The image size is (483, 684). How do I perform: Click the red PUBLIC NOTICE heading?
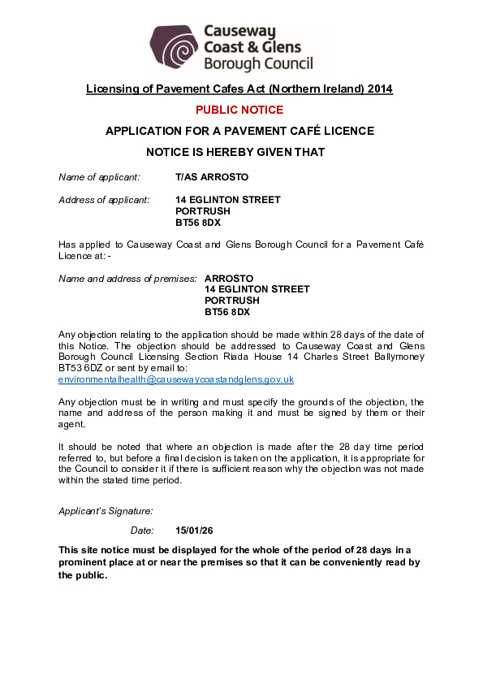coord(239,110)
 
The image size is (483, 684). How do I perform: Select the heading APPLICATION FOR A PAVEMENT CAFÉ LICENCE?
coord(239,131)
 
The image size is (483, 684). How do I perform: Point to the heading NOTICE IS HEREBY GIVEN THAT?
coord(235,152)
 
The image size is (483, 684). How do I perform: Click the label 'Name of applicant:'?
coord(99,177)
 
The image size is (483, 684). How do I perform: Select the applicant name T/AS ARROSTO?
coord(212,177)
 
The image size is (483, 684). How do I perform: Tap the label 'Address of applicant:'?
coord(104,200)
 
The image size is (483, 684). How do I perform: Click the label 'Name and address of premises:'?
coord(127,279)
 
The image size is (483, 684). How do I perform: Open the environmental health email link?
coord(176,379)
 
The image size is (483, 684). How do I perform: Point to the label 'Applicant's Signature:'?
coord(106,511)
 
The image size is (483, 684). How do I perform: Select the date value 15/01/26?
coord(194,530)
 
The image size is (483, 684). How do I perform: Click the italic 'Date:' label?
coord(142,530)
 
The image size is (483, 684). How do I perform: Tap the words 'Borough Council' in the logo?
coord(257,63)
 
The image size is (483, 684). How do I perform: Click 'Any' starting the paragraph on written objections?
coord(67,403)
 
